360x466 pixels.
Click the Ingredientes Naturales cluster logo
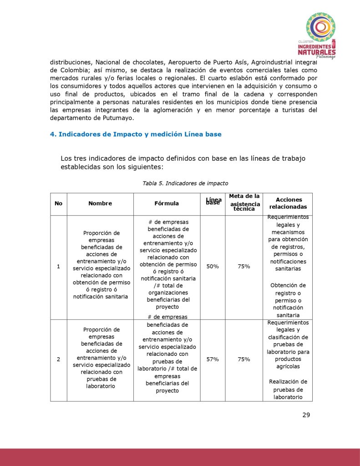click(320, 35)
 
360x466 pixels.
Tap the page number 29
click(306, 415)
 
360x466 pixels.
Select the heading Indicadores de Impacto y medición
click(135, 134)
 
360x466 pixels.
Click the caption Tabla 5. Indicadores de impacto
click(185, 183)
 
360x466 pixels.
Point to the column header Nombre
click(100, 203)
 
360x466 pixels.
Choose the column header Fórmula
click(167, 203)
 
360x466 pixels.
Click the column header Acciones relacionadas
click(289, 203)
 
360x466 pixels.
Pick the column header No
click(58, 203)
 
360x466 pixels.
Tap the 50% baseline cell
click(213, 267)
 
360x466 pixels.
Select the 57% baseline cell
click(213, 359)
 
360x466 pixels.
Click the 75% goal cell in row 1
click(243, 267)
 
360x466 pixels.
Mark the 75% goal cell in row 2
click(243, 359)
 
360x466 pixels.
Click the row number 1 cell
click(58, 267)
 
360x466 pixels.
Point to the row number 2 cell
click(58, 359)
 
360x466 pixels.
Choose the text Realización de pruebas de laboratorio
click(288, 390)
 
